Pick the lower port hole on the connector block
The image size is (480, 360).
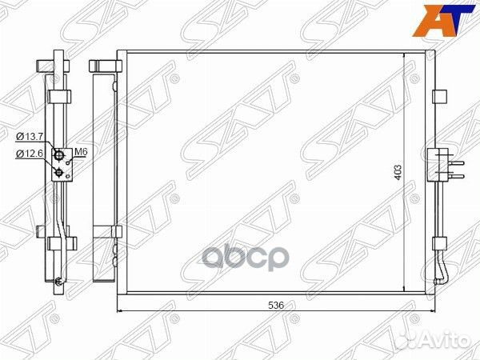[58, 170]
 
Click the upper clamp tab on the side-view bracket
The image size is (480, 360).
[58, 97]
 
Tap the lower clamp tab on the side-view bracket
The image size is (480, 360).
[56, 232]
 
